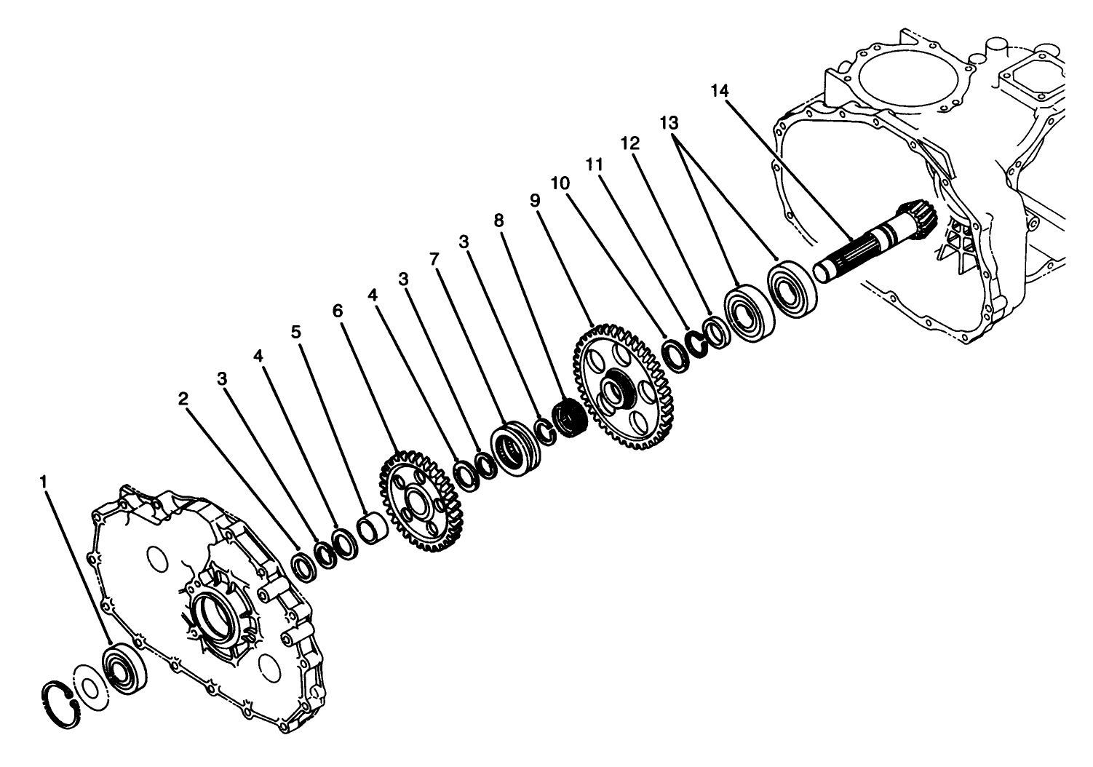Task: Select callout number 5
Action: [295, 332]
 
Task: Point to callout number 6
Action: [337, 310]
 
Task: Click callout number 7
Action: [434, 258]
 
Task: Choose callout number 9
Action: [536, 201]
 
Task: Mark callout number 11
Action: [595, 164]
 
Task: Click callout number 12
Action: [630, 143]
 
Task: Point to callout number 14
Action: [720, 91]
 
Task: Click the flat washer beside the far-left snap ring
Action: [91, 688]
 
